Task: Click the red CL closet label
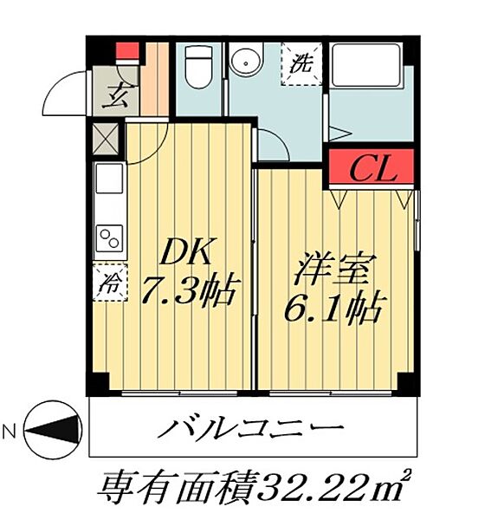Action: (372, 170)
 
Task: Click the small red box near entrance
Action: (127, 49)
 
